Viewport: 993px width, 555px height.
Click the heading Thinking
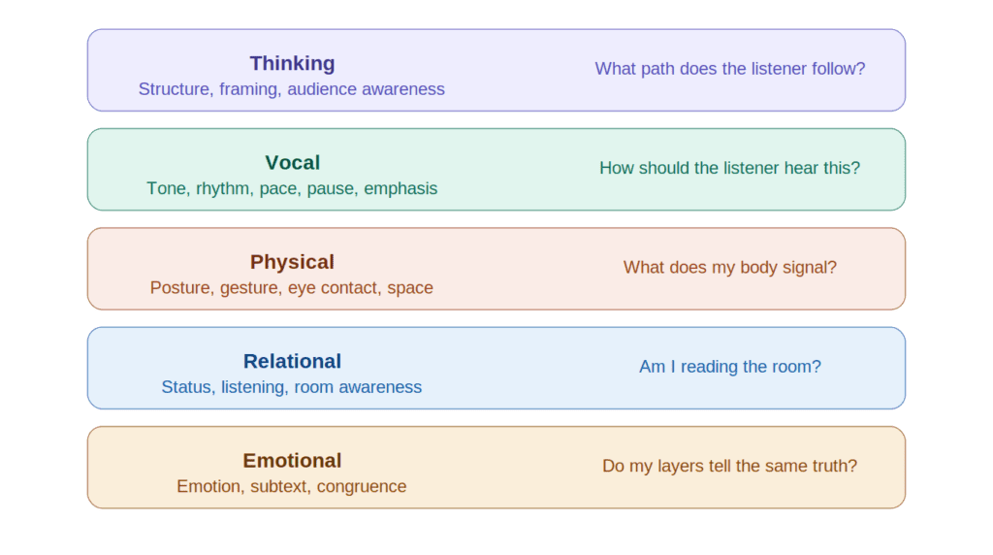(292, 63)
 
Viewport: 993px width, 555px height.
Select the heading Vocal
(292, 163)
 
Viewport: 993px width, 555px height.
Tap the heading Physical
(292, 262)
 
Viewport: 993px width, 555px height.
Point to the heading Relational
(292, 361)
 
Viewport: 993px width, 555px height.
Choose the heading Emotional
(292, 461)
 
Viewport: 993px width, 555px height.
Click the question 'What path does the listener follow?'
(729, 69)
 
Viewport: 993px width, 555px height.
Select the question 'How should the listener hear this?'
(729, 168)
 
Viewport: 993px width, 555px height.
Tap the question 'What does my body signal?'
(729, 267)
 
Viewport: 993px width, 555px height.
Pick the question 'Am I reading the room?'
(729, 367)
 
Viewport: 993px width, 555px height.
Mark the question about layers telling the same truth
(729, 466)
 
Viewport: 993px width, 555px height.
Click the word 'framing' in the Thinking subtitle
(247, 89)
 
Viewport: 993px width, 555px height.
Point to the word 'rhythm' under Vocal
(223, 188)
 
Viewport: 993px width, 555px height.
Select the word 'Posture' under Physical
(181, 288)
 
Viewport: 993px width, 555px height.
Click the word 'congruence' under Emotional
(362, 486)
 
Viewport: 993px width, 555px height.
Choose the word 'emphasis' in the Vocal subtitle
(400, 188)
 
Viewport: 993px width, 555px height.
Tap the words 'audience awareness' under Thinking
(366, 89)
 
